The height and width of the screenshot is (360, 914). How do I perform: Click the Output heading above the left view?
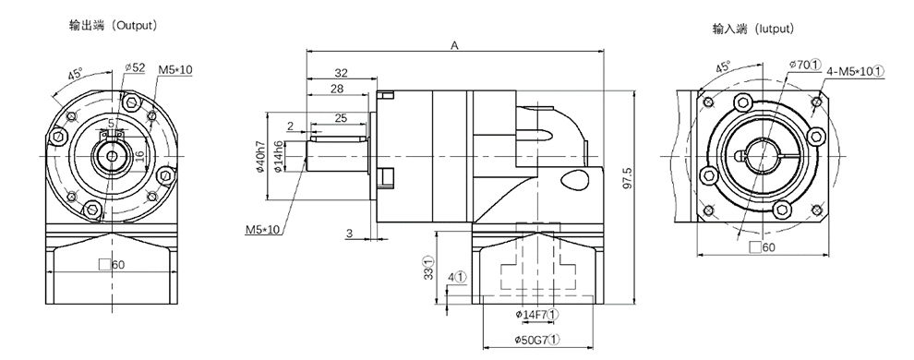[114, 25]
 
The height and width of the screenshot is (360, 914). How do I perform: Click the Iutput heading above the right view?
[753, 29]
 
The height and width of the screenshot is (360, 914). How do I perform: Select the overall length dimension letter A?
[454, 45]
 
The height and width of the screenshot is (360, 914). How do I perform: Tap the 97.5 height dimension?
[627, 181]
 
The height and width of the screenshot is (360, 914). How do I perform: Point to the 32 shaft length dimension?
[341, 73]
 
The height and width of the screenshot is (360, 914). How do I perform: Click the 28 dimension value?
[337, 89]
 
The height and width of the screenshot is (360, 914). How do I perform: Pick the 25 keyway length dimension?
[341, 117]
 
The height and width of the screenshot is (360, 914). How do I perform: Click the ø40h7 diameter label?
[260, 157]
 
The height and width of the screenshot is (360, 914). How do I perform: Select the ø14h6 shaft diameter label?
[278, 156]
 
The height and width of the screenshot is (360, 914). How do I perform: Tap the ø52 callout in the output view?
[135, 67]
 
